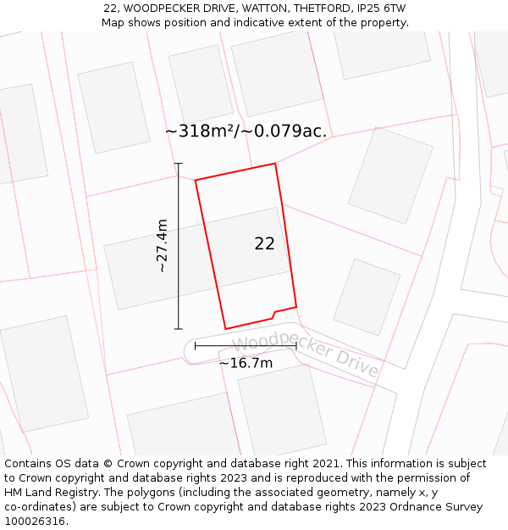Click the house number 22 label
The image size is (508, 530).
264,244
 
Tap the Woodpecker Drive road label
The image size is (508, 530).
305,355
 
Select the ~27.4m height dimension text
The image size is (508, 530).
162,246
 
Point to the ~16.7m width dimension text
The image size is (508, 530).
246,364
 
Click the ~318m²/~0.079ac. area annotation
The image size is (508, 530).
246,131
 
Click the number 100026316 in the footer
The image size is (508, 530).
35,521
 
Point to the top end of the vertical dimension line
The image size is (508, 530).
178,164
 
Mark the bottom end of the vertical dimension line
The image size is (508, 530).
178,328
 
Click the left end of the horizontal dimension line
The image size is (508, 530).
196,345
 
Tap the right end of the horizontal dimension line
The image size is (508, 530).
296,345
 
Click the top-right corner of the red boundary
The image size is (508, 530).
275,164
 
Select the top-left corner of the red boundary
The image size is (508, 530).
196,180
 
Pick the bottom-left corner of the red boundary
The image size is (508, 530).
225,329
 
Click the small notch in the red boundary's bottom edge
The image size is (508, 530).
273,314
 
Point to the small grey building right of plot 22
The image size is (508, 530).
367,297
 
